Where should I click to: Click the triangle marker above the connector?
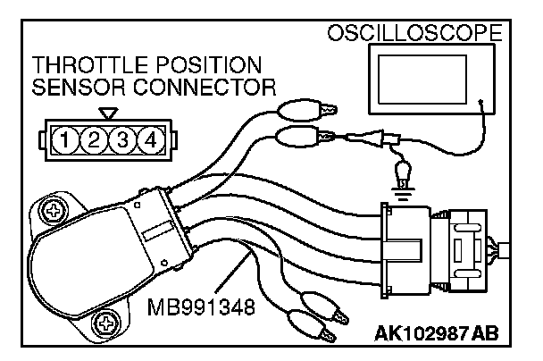click(x=108, y=113)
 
